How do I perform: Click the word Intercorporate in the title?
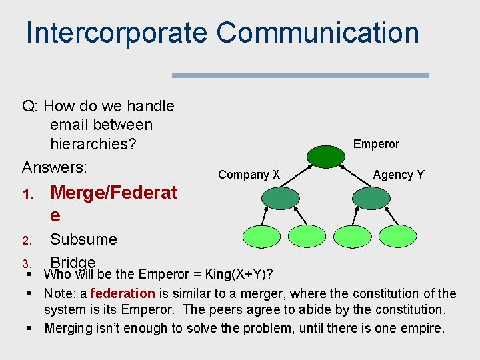pyautogui.click(x=117, y=33)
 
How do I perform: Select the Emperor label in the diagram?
pyautogui.click(x=376, y=144)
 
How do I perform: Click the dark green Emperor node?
pyautogui.click(x=325, y=155)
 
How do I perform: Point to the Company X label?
pyautogui.click(x=249, y=175)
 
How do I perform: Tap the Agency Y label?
pyautogui.click(x=398, y=175)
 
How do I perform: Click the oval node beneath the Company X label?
pyautogui.click(x=281, y=198)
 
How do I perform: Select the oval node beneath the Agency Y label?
pyautogui.click(x=371, y=198)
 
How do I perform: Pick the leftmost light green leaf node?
pyautogui.click(x=261, y=237)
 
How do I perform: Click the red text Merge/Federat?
pyautogui.click(x=113, y=193)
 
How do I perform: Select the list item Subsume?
pyautogui.click(x=83, y=239)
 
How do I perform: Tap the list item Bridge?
pyautogui.click(x=73, y=261)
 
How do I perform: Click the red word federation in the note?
pyautogui.click(x=122, y=293)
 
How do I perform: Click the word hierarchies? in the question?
pyautogui.click(x=92, y=144)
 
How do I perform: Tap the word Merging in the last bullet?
pyautogui.click(x=69, y=328)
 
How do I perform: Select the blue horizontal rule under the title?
pyautogui.click(x=300, y=76)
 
